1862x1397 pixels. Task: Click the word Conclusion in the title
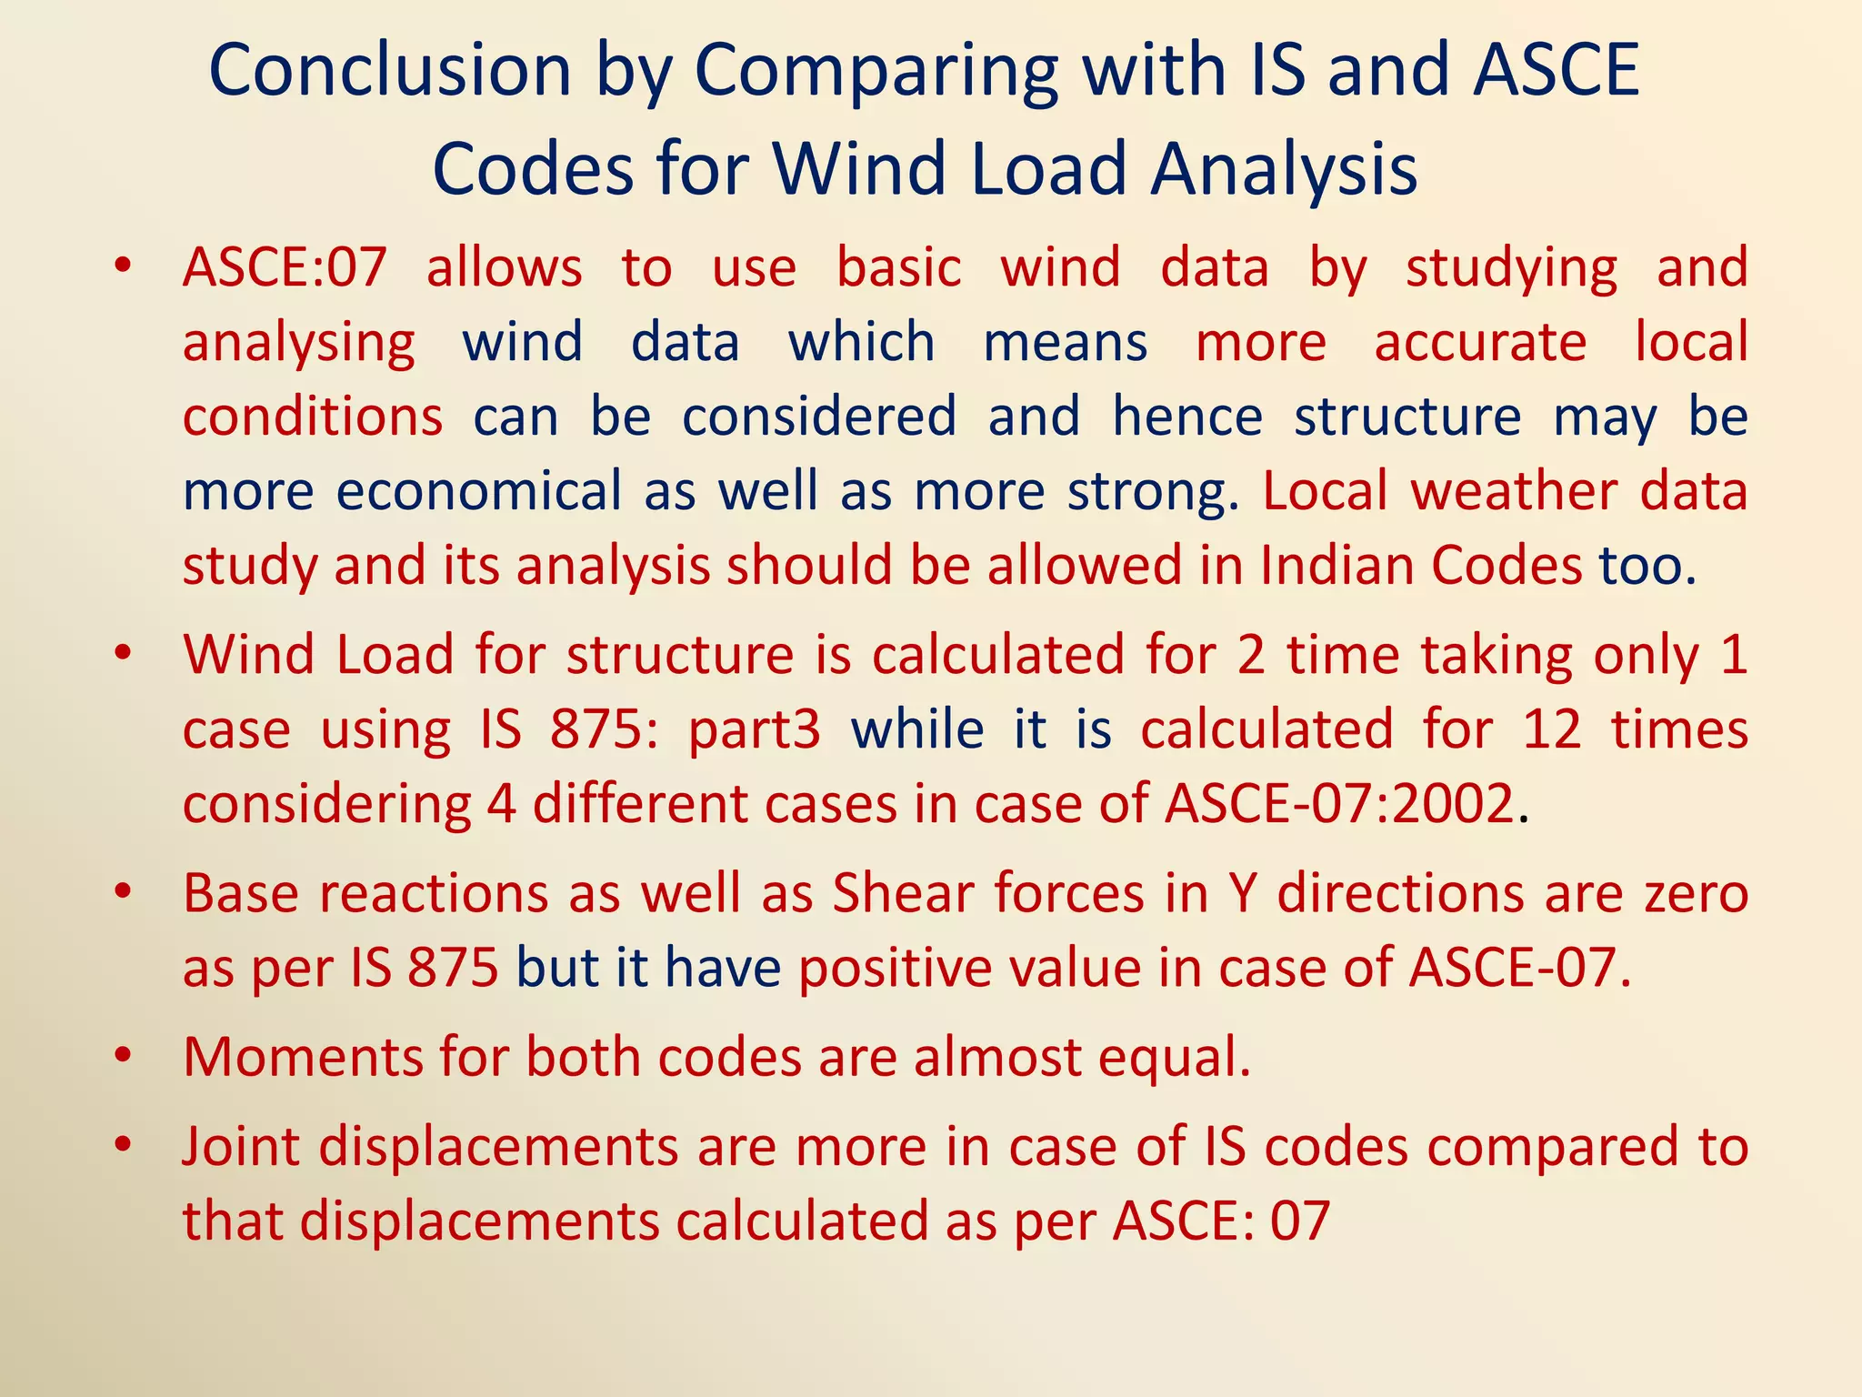point(390,71)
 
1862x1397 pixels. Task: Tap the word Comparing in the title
point(876,73)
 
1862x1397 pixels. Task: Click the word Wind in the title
point(858,169)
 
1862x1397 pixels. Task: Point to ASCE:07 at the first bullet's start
point(285,268)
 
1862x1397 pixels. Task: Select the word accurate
point(1480,343)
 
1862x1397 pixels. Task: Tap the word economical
point(478,491)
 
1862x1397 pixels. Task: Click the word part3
point(755,730)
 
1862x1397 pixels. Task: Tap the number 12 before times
point(1552,729)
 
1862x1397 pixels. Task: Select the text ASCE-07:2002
point(1339,804)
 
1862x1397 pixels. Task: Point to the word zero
point(1696,893)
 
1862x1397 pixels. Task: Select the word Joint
point(241,1146)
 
